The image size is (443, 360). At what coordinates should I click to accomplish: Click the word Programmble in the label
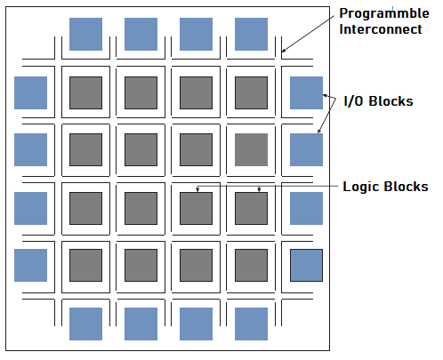point(384,13)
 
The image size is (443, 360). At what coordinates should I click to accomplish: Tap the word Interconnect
point(381,29)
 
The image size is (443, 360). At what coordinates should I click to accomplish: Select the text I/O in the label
point(353,101)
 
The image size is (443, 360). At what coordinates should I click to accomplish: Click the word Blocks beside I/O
point(391,101)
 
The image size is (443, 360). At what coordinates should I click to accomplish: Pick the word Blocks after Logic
point(407,187)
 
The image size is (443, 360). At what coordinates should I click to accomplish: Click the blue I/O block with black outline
point(306,265)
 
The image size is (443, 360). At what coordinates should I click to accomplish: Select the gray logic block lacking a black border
point(251,149)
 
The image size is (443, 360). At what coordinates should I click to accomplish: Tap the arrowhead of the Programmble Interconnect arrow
point(283,51)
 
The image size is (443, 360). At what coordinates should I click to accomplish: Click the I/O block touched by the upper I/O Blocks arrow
point(306,92)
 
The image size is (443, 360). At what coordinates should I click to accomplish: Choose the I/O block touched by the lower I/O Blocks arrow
point(306,149)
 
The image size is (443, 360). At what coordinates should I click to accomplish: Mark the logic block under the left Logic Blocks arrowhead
point(196,208)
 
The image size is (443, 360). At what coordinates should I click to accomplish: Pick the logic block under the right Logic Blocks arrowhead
point(251,208)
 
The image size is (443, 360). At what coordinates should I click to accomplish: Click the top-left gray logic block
point(85,92)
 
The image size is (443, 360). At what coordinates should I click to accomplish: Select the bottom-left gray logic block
point(85,265)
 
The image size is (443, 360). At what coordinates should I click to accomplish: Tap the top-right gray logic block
point(251,92)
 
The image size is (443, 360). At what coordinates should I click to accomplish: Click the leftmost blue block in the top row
point(85,34)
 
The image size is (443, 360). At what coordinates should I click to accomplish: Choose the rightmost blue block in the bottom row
point(251,324)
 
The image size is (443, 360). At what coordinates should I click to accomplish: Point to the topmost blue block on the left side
point(30,92)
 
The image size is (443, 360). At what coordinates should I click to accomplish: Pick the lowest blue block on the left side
point(30,265)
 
